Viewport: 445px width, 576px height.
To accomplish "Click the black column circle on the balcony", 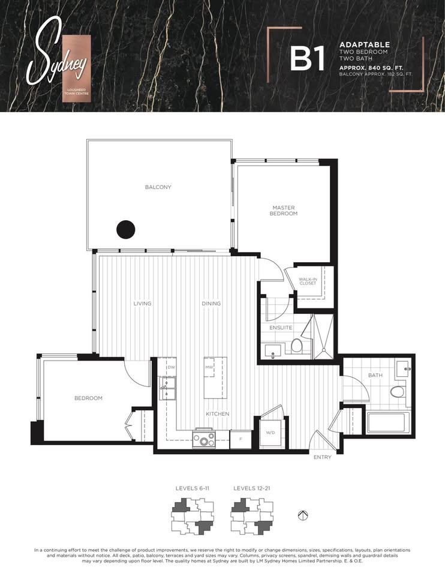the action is tap(125, 229).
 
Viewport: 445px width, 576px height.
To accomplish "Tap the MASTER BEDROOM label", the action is tap(284, 211).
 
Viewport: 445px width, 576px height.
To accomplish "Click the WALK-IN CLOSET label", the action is tap(308, 281).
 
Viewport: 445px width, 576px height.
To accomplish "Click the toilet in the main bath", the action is tap(397, 391).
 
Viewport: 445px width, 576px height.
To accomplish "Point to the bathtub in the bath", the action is tap(389, 422).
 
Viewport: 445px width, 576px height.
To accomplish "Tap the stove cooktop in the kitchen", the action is tap(204, 439).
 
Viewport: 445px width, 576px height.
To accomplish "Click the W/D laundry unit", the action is tap(271, 433).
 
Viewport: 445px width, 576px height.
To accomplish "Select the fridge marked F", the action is tap(241, 439).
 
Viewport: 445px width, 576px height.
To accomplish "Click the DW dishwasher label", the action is tap(171, 367).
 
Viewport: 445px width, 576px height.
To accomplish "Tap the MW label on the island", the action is tap(209, 367).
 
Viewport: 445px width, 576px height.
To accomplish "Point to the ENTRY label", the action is tap(323, 457).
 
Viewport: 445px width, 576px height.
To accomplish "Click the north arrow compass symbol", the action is tap(303, 515).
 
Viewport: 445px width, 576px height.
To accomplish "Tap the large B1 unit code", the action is tap(308, 58).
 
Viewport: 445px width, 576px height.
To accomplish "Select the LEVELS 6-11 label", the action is tap(193, 488).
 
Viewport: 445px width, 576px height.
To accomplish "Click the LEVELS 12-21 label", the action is tap(251, 488).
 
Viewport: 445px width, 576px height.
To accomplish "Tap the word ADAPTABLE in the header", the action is tap(365, 45).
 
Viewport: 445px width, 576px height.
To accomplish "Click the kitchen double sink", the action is tap(167, 389).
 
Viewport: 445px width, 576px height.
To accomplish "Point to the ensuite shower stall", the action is tap(323, 336).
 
